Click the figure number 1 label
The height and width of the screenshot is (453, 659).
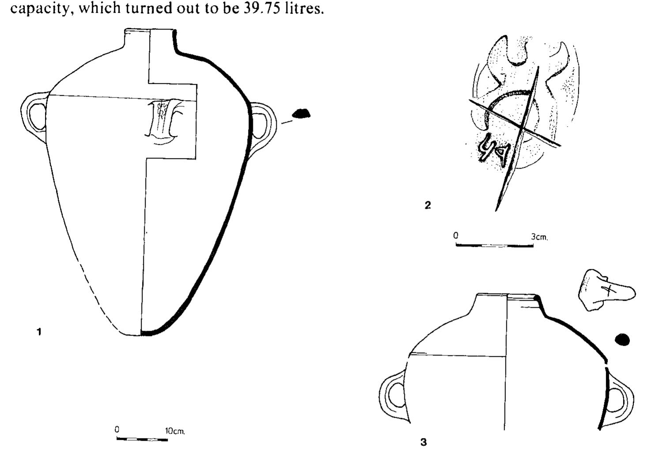point(39,332)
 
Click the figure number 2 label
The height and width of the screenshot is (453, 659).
point(427,205)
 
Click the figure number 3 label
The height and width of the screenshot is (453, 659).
point(424,442)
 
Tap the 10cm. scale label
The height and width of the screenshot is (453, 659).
point(175,430)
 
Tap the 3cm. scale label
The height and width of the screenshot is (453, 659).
point(539,237)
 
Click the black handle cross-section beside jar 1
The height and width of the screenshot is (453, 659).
point(301,114)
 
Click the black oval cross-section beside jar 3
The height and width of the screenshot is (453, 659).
point(622,339)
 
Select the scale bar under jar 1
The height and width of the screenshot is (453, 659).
point(142,439)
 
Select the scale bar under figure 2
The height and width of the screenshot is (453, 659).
point(494,245)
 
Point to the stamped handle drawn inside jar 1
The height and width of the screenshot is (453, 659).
point(163,120)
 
